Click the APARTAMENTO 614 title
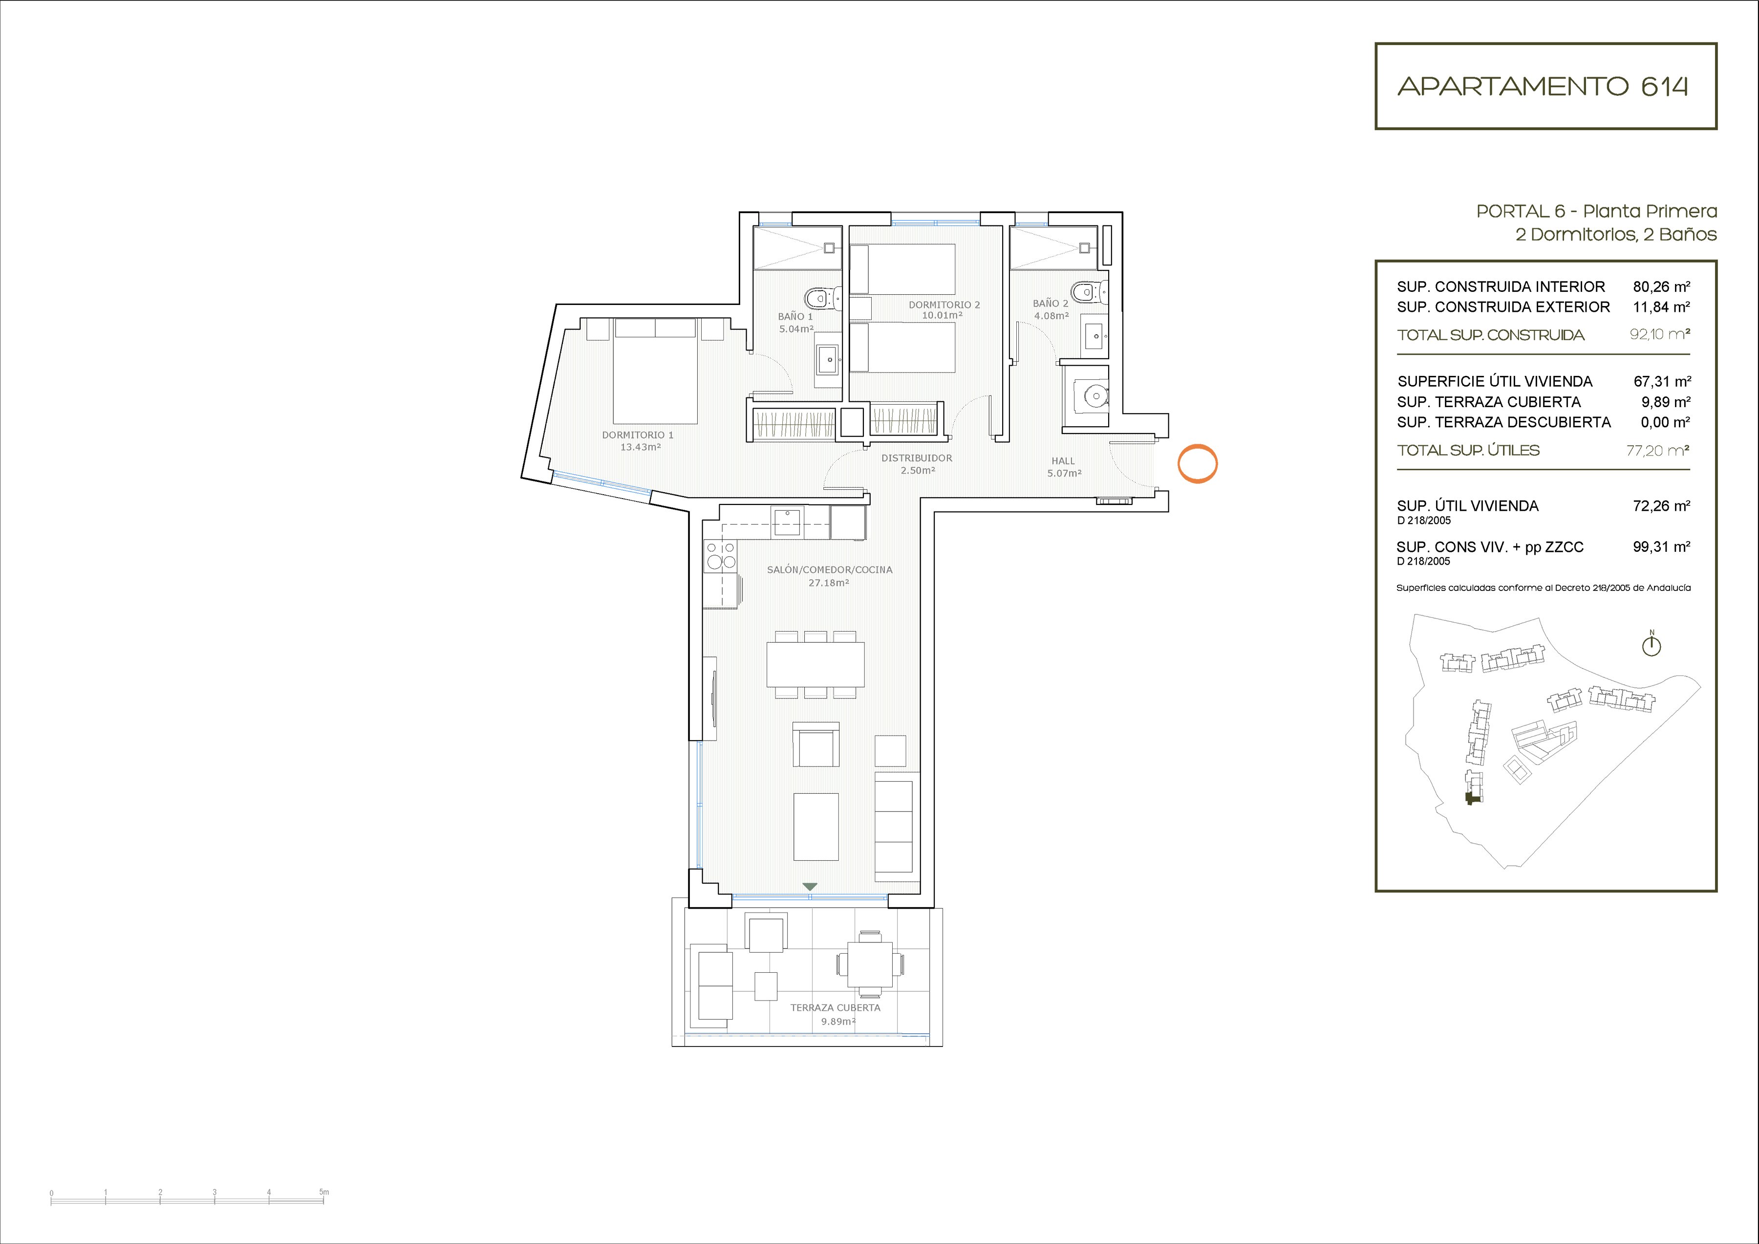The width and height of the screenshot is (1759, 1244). [x=1543, y=86]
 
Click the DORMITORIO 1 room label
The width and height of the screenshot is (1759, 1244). [x=638, y=435]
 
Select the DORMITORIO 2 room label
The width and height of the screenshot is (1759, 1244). [x=944, y=305]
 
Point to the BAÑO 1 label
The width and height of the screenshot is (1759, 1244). [x=795, y=316]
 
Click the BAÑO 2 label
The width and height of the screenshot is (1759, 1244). [x=1051, y=303]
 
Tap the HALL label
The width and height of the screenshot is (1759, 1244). [x=1063, y=460]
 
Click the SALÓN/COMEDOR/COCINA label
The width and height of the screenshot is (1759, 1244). [x=830, y=569]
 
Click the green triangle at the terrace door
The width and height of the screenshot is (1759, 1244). [x=810, y=887]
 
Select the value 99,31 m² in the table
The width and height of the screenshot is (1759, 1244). [x=1661, y=546]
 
